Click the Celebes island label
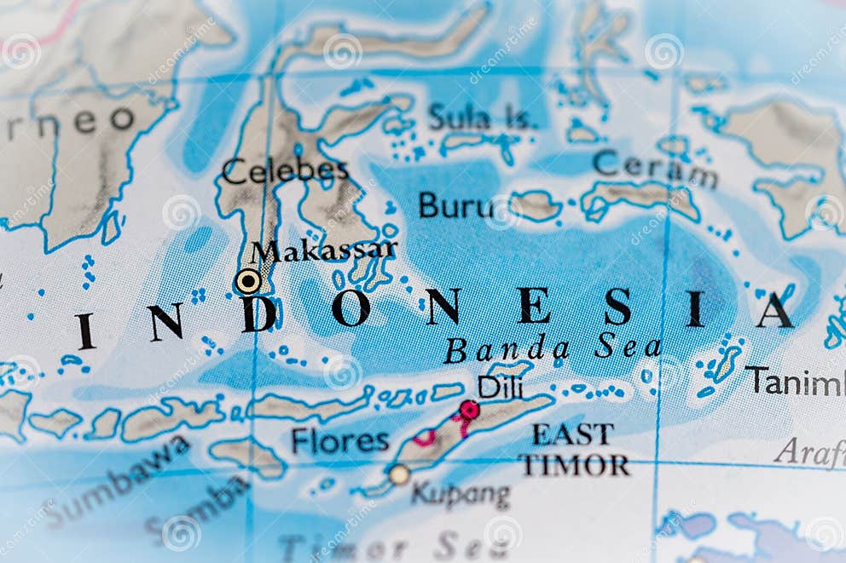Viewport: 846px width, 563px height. click(285, 170)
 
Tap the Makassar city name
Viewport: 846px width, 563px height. click(324, 250)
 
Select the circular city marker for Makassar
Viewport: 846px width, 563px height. click(248, 281)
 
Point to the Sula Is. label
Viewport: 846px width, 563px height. click(482, 118)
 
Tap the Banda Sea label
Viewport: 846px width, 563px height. click(553, 348)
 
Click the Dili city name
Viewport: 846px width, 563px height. click(501, 387)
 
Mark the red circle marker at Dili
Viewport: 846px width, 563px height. click(469, 410)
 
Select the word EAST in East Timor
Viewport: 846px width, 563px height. click(572, 434)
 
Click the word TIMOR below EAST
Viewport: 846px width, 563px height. click(574, 465)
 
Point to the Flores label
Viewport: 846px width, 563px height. click(339, 440)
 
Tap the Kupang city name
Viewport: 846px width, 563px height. click(461, 494)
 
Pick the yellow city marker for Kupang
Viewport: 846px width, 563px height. click(399, 474)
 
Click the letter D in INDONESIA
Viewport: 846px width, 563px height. click(259, 313)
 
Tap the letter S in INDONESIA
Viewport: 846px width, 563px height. click(617, 307)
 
